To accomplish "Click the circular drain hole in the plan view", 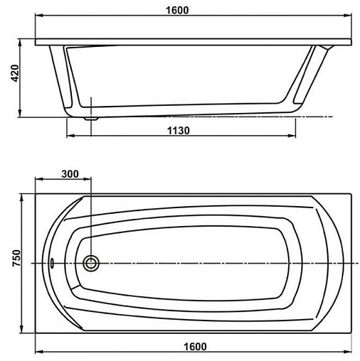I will tap(91, 263).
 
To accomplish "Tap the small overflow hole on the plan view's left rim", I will tap(53, 261).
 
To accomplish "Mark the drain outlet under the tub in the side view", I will tap(90, 119).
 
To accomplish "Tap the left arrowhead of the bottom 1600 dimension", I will tap(38, 353).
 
